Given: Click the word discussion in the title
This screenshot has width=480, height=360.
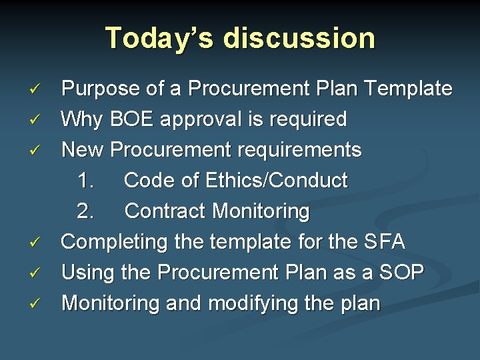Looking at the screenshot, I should pos(299,37).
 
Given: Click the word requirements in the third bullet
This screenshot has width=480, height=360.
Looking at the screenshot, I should pos(289,150).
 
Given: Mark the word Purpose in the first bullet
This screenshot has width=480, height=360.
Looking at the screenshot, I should pos(100,89).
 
